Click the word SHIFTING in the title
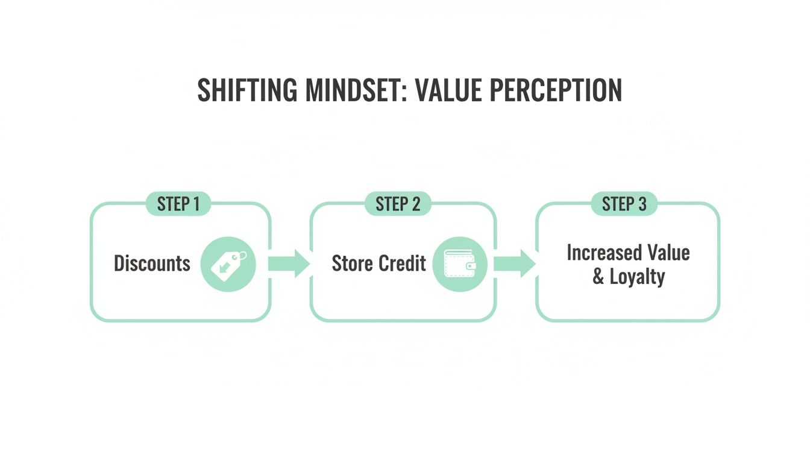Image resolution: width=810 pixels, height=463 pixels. [248, 90]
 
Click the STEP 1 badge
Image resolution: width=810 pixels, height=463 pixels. [178, 204]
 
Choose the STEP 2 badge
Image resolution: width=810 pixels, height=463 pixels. [398, 204]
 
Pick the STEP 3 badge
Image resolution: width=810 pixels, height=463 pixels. [624, 204]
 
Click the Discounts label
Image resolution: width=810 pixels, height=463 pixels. [152, 263]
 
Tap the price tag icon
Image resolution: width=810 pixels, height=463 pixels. [228, 264]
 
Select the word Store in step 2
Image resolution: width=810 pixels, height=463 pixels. [352, 263]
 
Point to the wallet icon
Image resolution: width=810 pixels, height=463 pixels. [460, 264]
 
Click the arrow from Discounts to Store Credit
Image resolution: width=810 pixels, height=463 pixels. [288, 264]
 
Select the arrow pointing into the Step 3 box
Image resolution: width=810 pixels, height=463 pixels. [513, 264]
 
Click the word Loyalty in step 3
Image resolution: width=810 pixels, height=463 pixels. [637, 277]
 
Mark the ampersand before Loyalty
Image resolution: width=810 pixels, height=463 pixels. [598, 277]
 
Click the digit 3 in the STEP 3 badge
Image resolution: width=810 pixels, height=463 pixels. [642, 204]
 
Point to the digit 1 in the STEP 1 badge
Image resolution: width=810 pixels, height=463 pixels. [196, 204]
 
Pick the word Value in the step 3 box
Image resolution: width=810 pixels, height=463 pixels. [668, 252]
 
